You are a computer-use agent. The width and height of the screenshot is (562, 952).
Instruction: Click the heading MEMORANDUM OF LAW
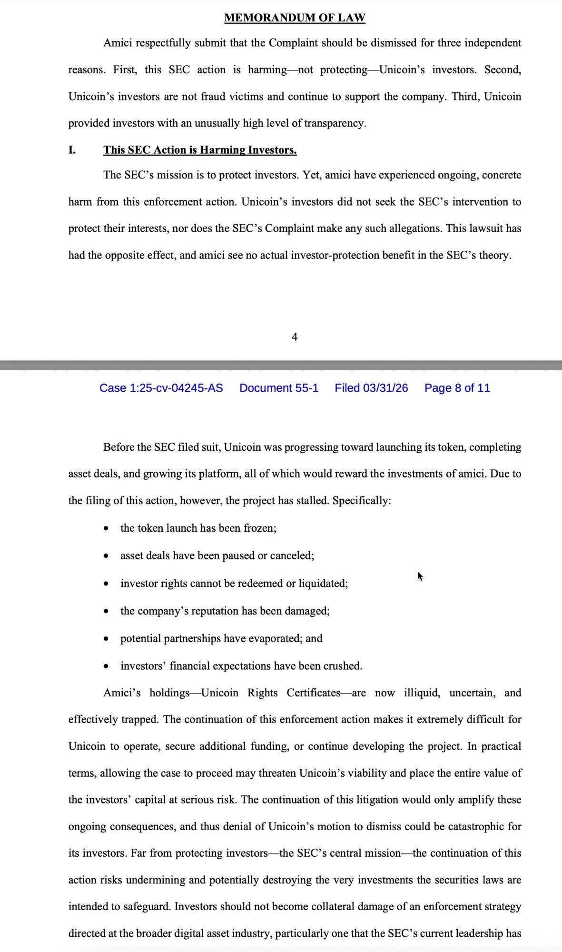coord(295,18)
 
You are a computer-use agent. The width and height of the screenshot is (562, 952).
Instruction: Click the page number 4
coord(295,337)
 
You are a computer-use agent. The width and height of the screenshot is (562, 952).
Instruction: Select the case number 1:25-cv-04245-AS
coord(161,388)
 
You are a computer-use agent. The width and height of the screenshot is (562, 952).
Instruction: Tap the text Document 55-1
coord(279,388)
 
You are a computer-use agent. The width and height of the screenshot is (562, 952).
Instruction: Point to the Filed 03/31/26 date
coord(371,388)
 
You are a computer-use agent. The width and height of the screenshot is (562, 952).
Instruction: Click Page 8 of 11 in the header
coord(457,388)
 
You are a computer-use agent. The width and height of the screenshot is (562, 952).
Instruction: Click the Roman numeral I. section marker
coord(72,150)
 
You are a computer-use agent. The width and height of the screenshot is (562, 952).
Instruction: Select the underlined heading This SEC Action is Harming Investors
coord(200,150)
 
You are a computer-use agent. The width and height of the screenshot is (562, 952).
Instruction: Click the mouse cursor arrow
coord(420,576)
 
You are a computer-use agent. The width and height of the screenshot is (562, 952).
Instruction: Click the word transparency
coord(335,123)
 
